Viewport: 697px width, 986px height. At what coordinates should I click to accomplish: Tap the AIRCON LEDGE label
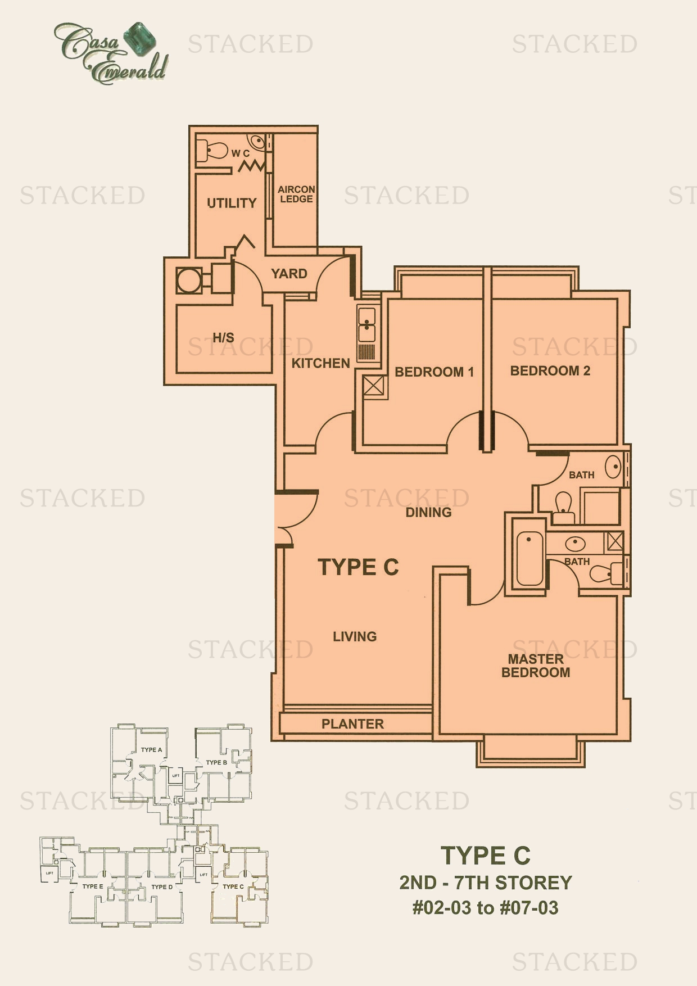(x=296, y=194)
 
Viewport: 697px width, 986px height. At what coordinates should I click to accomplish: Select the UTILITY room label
(x=232, y=203)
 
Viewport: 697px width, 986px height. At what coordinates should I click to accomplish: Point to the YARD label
(x=289, y=274)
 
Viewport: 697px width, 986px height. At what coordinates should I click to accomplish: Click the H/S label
(x=223, y=337)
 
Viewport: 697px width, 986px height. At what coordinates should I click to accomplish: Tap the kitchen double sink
(x=366, y=324)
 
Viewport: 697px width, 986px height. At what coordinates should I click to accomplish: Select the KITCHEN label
(x=320, y=363)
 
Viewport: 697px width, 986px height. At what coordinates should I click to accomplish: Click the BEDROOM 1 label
(x=434, y=372)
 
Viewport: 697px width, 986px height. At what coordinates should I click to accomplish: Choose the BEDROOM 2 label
(x=550, y=370)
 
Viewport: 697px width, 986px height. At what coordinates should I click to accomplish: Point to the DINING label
(x=428, y=512)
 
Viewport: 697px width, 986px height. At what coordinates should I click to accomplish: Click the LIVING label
(x=355, y=636)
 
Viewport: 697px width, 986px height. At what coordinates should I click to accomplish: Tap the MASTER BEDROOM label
(x=536, y=666)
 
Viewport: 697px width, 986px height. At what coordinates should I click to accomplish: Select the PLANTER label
(x=352, y=724)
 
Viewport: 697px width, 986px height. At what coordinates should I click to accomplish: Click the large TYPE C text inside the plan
(x=358, y=567)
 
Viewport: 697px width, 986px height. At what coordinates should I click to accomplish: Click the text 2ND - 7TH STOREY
(x=486, y=883)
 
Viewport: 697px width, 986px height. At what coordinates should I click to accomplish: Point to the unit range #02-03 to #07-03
(x=486, y=908)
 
